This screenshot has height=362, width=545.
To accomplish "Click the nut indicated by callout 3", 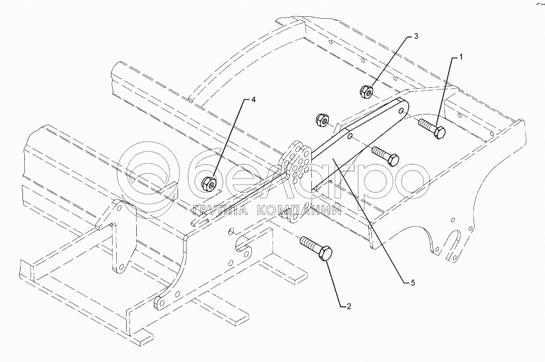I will pyautogui.click(x=366, y=92).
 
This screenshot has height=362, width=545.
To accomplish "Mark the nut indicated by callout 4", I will pyautogui.click(x=210, y=183).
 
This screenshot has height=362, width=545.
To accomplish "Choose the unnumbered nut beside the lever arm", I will pyautogui.click(x=323, y=120).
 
